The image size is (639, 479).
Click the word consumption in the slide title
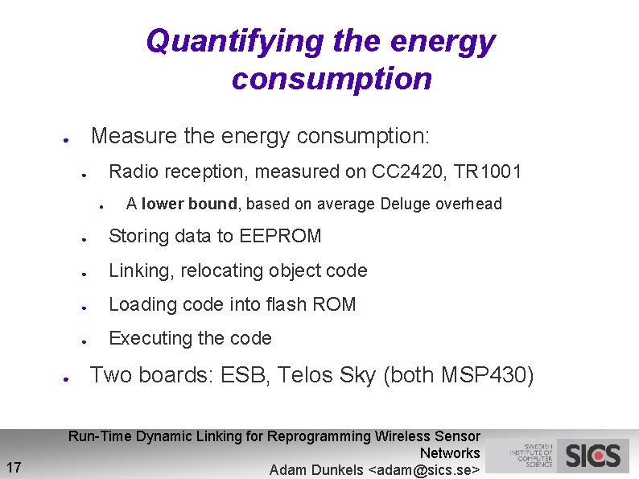coord(332,79)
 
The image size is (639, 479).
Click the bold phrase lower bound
coord(189,204)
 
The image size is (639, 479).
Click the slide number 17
coord(14,466)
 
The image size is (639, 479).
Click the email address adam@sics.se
coord(423,470)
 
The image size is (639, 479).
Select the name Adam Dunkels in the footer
coord(316,470)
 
